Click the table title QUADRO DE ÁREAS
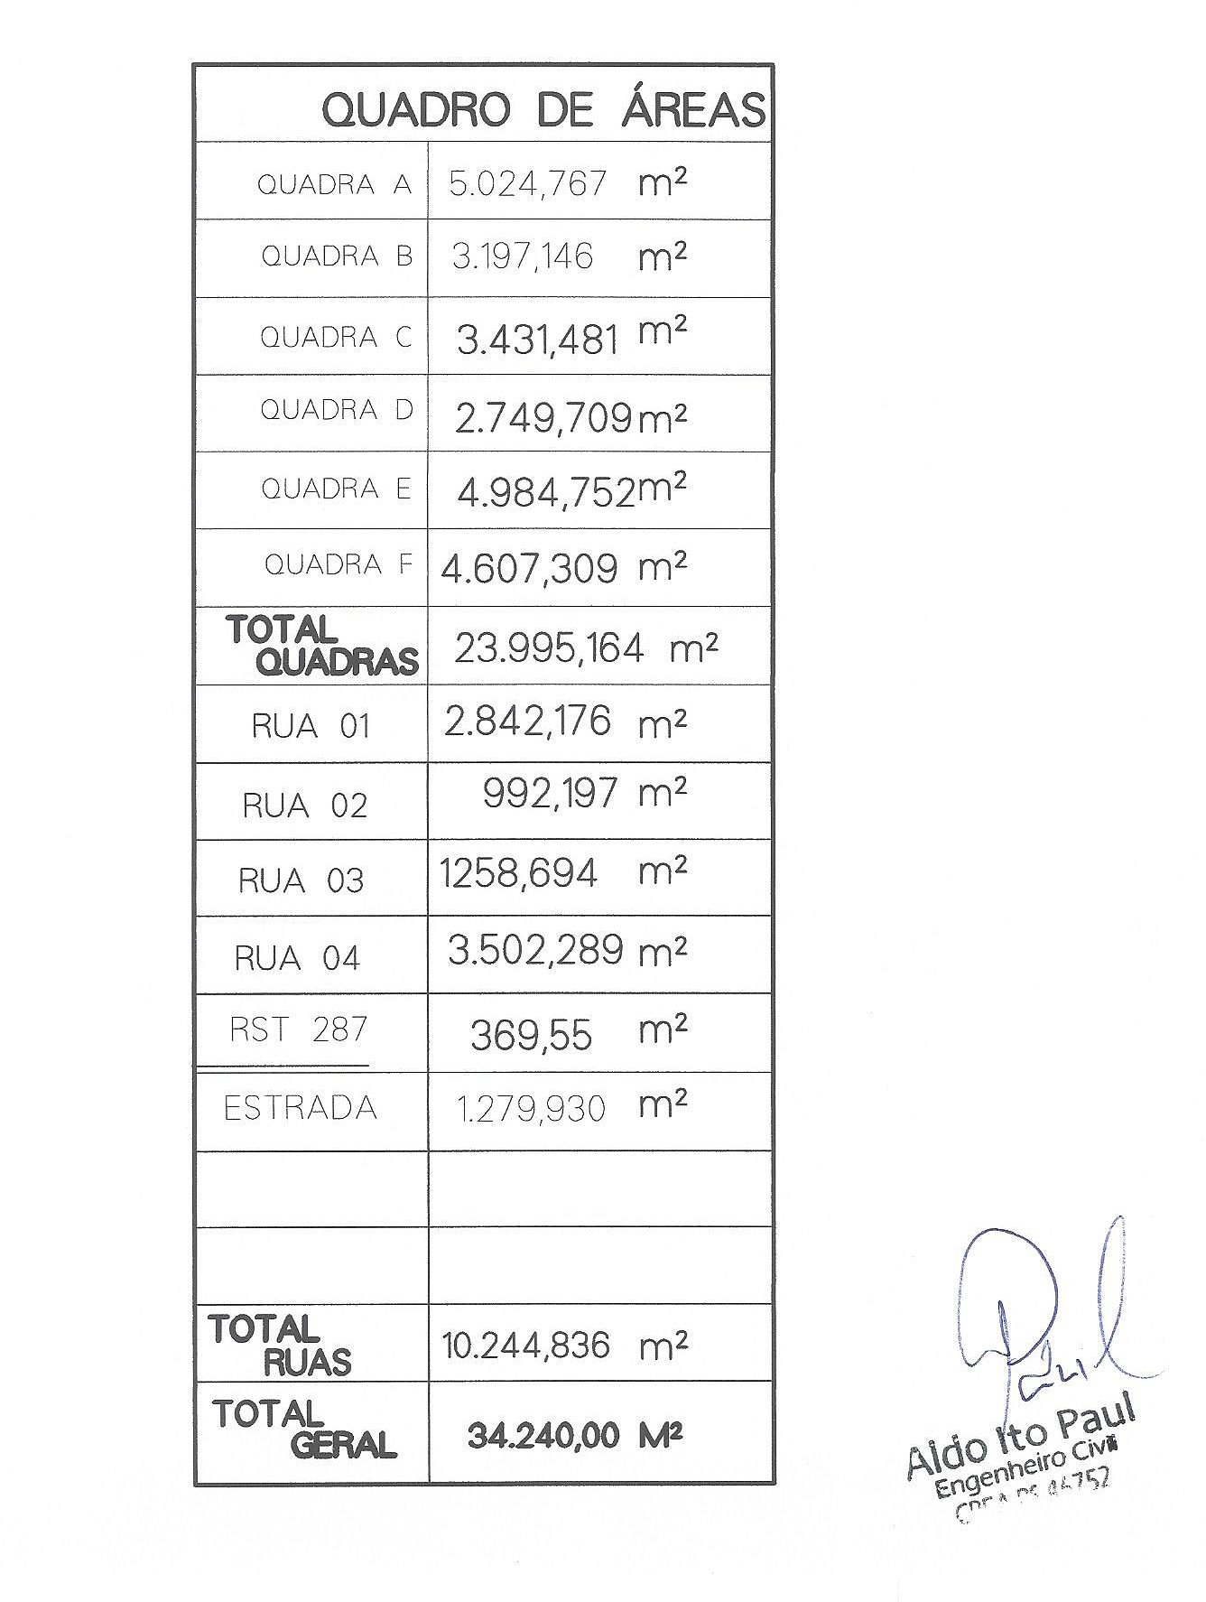(543, 110)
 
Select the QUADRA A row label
(334, 184)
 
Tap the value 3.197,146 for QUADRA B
(523, 256)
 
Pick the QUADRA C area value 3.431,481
(537, 340)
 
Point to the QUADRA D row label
(336, 410)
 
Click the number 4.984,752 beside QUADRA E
(546, 493)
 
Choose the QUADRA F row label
(338, 565)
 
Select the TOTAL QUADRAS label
(322, 646)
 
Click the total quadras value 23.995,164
(549, 648)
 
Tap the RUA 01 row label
(311, 727)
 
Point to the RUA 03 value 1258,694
(518, 873)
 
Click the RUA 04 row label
(297, 958)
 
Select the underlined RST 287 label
(298, 1029)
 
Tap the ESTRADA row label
(300, 1108)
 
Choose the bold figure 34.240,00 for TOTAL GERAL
(543, 1436)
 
